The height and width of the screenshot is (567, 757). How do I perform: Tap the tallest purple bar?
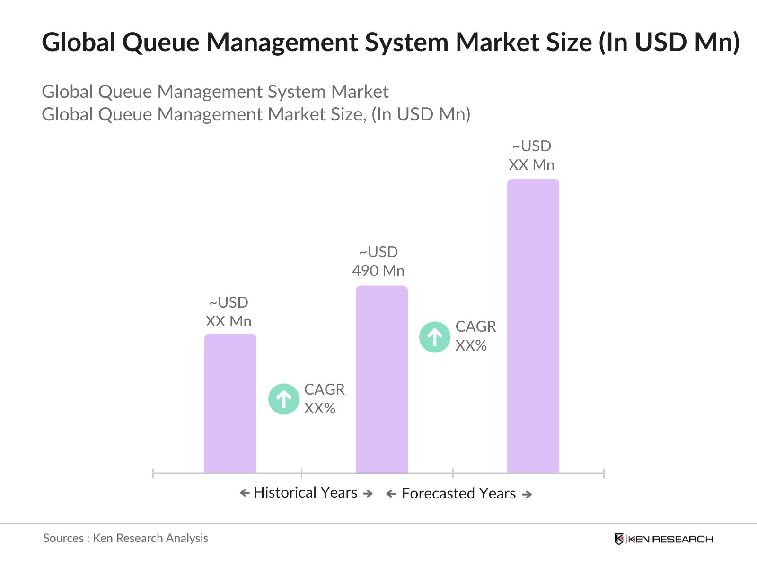pyautogui.click(x=533, y=326)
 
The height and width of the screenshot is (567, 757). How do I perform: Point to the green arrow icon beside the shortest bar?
pyautogui.click(x=283, y=399)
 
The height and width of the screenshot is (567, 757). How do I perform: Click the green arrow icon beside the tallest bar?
pyautogui.click(x=434, y=337)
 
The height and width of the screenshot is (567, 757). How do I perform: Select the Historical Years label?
pyautogui.click(x=306, y=492)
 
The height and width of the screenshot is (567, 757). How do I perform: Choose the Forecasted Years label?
pyautogui.click(x=458, y=493)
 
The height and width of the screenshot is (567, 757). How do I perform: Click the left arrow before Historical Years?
pyautogui.click(x=245, y=493)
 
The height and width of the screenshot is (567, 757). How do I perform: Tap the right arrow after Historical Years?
pyautogui.click(x=368, y=493)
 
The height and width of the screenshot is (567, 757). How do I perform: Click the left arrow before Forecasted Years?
pyautogui.click(x=391, y=494)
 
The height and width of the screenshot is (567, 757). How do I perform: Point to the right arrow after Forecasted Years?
pyautogui.click(x=527, y=494)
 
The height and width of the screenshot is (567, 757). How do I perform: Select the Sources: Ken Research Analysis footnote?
pyautogui.click(x=125, y=538)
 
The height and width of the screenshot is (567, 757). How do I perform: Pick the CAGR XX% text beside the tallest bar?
pyautogui.click(x=475, y=336)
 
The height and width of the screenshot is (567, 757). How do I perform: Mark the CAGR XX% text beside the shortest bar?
pyautogui.click(x=324, y=399)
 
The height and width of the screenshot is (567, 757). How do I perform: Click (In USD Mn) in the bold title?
pyautogui.click(x=669, y=43)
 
